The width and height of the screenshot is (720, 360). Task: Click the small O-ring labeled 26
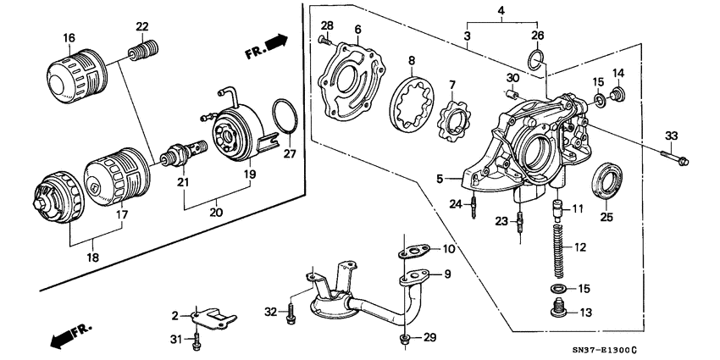pos(535,58)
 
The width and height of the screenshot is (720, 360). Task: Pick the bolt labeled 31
pos(197,341)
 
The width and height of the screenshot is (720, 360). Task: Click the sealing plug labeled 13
pos(558,313)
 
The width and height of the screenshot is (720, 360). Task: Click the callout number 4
pos(501,11)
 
